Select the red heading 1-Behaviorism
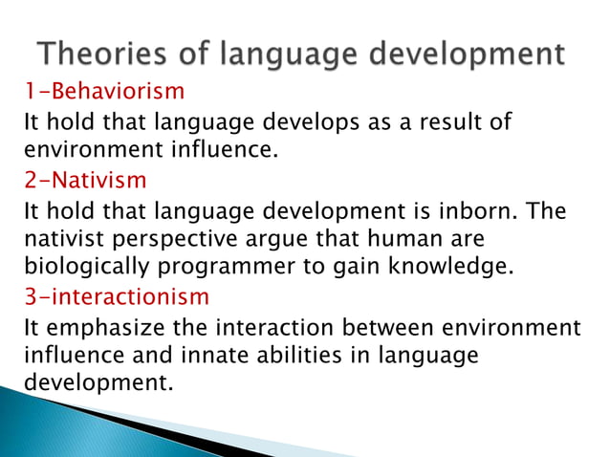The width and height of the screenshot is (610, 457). tap(102, 93)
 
